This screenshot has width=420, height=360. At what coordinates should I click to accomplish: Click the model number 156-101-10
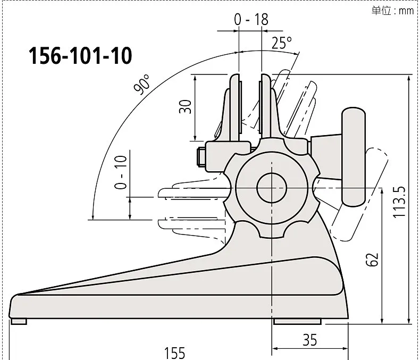(x=80, y=56)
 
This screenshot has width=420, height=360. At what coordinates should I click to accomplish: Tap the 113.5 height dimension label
(x=399, y=202)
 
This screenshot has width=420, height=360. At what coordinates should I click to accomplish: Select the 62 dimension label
(x=372, y=259)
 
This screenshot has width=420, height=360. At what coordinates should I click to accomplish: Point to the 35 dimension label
(x=310, y=340)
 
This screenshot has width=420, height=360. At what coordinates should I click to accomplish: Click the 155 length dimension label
(x=174, y=353)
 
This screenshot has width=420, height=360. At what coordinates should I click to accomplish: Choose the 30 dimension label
(x=185, y=106)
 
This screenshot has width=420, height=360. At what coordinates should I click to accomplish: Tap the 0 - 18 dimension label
(x=251, y=19)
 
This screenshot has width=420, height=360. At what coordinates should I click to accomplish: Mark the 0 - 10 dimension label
(x=121, y=172)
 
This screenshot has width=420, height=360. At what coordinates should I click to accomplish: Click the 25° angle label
(x=282, y=43)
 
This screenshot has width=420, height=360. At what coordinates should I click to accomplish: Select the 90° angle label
(x=142, y=85)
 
